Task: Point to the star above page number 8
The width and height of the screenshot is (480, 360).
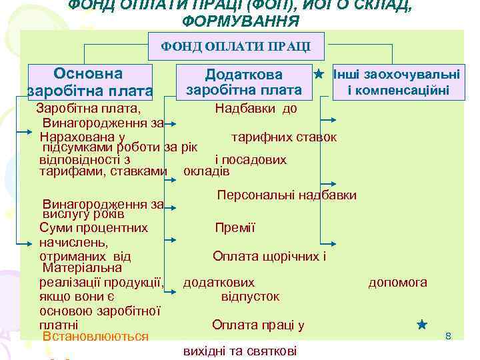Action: tap(421, 325)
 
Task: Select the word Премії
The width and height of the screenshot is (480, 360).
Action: tap(235, 228)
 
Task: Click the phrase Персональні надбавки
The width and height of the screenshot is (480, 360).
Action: tap(287, 195)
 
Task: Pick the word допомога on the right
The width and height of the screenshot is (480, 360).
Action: tap(398, 283)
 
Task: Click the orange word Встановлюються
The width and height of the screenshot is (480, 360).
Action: tap(95, 337)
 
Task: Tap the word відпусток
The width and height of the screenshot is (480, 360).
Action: tap(250, 296)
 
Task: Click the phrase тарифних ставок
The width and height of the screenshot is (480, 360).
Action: tap(283, 137)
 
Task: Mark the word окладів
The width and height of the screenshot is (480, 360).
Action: tap(206, 171)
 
